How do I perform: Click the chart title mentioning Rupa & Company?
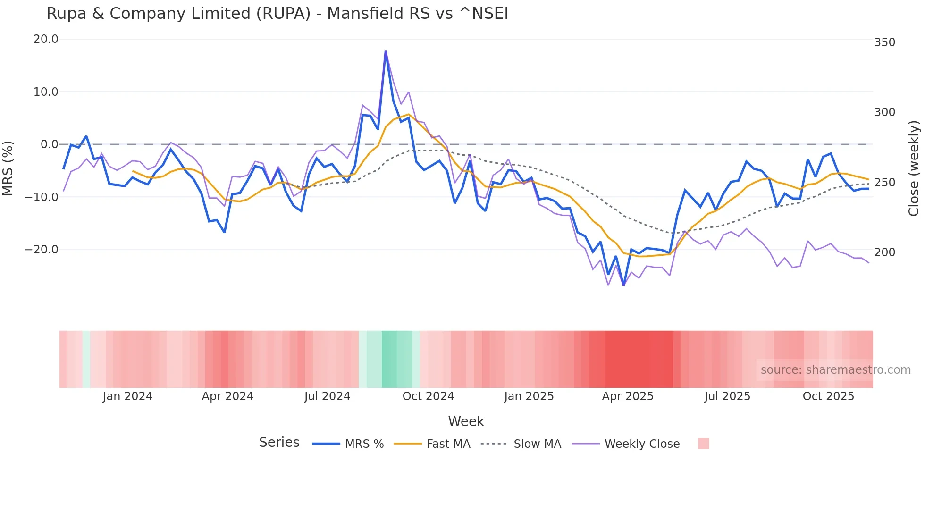pyautogui.click(x=277, y=14)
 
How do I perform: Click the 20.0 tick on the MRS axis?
pyautogui.click(x=46, y=39)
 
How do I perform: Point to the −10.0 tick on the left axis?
pyautogui.click(x=42, y=197)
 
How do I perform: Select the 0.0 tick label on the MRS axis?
pyautogui.click(x=50, y=144)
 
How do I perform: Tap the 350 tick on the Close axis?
pyautogui.click(x=884, y=42)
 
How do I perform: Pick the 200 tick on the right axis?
pyautogui.click(x=884, y=252)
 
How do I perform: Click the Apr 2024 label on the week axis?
pyautogui.click(x=227, y=396)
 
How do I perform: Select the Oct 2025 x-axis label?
pyautogui.click(x=828, y=396)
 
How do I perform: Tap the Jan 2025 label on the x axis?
pyautogui.click(x=529, y=396)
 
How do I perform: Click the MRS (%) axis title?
pyautogui.click(x=8, y=168)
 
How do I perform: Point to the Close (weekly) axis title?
pyautogui.click(x=914, y=168)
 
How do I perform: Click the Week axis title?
pyautogui.click(x=466, y=421)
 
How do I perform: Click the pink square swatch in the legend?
pyautogui.click(x=703, y=444)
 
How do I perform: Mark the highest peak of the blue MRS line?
pyautogui.click(x=386, y=51)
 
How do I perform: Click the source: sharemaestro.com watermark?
pyautogui.click(x=835, y=370)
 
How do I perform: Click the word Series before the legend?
pyautogui.click(x=279, y=443)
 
